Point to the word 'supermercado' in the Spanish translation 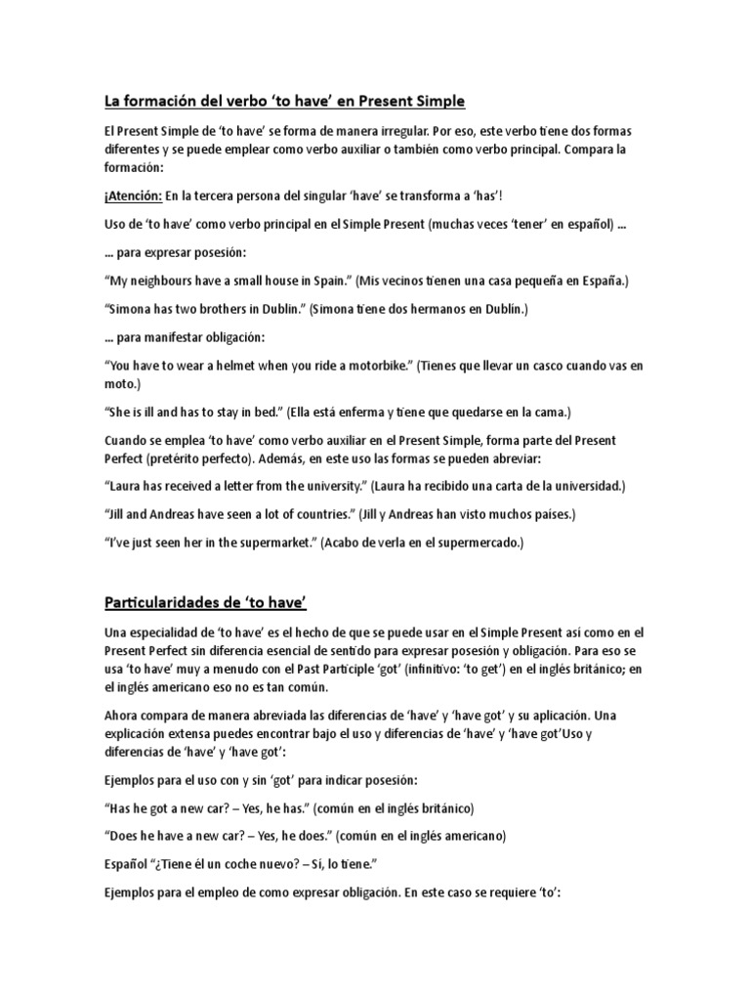tap(479, 543)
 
